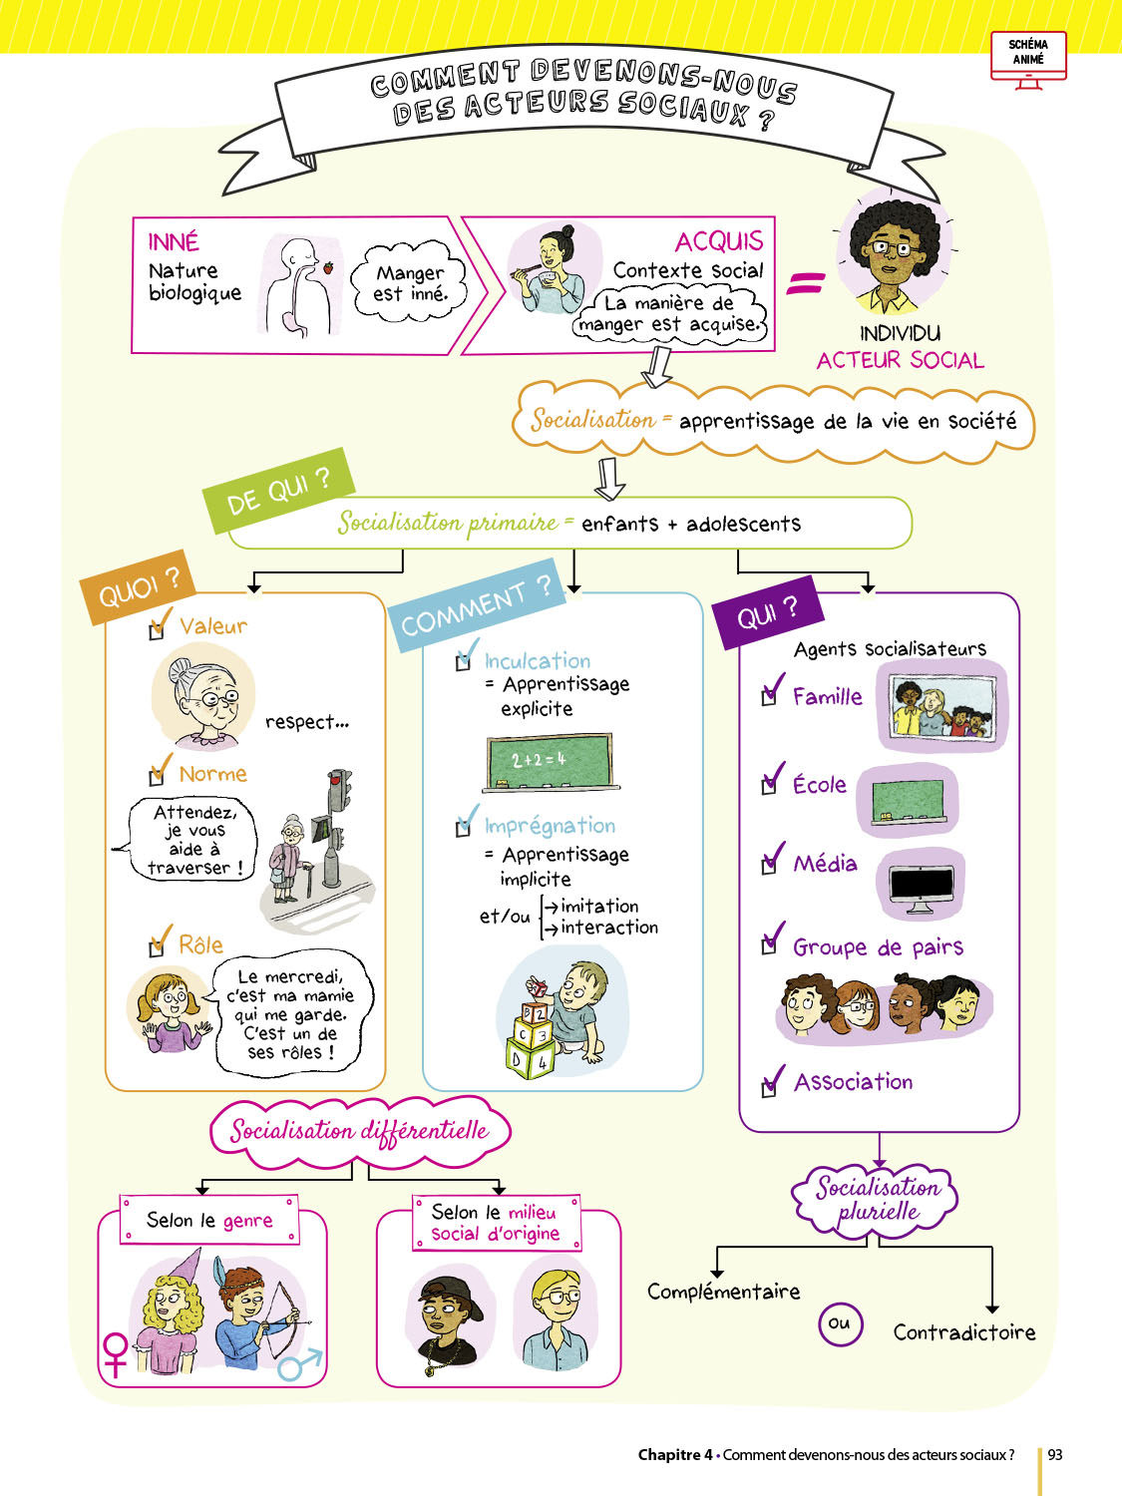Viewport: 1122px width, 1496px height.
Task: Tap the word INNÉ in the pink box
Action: (x=174, y=242)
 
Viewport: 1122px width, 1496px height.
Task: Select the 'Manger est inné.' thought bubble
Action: (x=410, y=283)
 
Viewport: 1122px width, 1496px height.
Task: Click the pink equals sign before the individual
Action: (x=805, y=283)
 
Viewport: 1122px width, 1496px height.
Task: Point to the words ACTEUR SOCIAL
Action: (x=900, y=360)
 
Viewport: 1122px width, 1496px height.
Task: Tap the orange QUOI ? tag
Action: (x=140, y=587)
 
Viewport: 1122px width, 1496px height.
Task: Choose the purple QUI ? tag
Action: (x=767, y=612)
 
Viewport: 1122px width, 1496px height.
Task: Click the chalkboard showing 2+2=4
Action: (x=548, y=761)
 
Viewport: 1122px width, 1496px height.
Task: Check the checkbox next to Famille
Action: (x=769, y=696)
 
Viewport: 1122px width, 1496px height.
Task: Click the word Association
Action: (x=853, y=1082)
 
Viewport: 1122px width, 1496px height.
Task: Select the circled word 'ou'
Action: (x=840, y=1323)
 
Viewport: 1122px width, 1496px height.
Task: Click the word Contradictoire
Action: (x=963, y=1332)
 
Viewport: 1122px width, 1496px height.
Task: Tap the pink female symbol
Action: (x=116, y=1352)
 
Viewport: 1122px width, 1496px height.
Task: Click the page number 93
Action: (x=1055, y=1454)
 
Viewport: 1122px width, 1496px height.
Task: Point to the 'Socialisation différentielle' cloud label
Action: (x=359, y=1131)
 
